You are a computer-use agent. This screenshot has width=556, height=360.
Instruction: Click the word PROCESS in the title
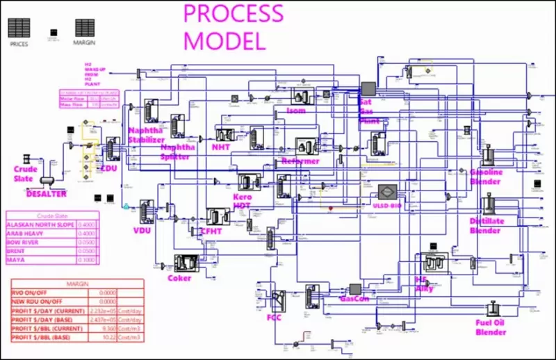(x=233, y=13)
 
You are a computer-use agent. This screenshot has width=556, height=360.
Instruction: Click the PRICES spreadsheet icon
(x=19, y=28)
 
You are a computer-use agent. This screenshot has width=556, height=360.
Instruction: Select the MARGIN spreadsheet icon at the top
(x=85, y=28)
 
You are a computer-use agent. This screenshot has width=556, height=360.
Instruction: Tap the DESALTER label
(x=47, y=194)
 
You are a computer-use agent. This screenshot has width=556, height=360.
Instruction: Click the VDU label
(x=142, y=230)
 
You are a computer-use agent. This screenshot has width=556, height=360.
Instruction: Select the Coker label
(x=179, y=278)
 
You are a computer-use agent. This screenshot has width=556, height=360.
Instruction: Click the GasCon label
(x=354, y=300)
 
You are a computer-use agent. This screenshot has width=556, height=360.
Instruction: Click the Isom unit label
(x=296, y=110)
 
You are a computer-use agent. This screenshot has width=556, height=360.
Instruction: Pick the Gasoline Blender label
(x=485, y=177)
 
